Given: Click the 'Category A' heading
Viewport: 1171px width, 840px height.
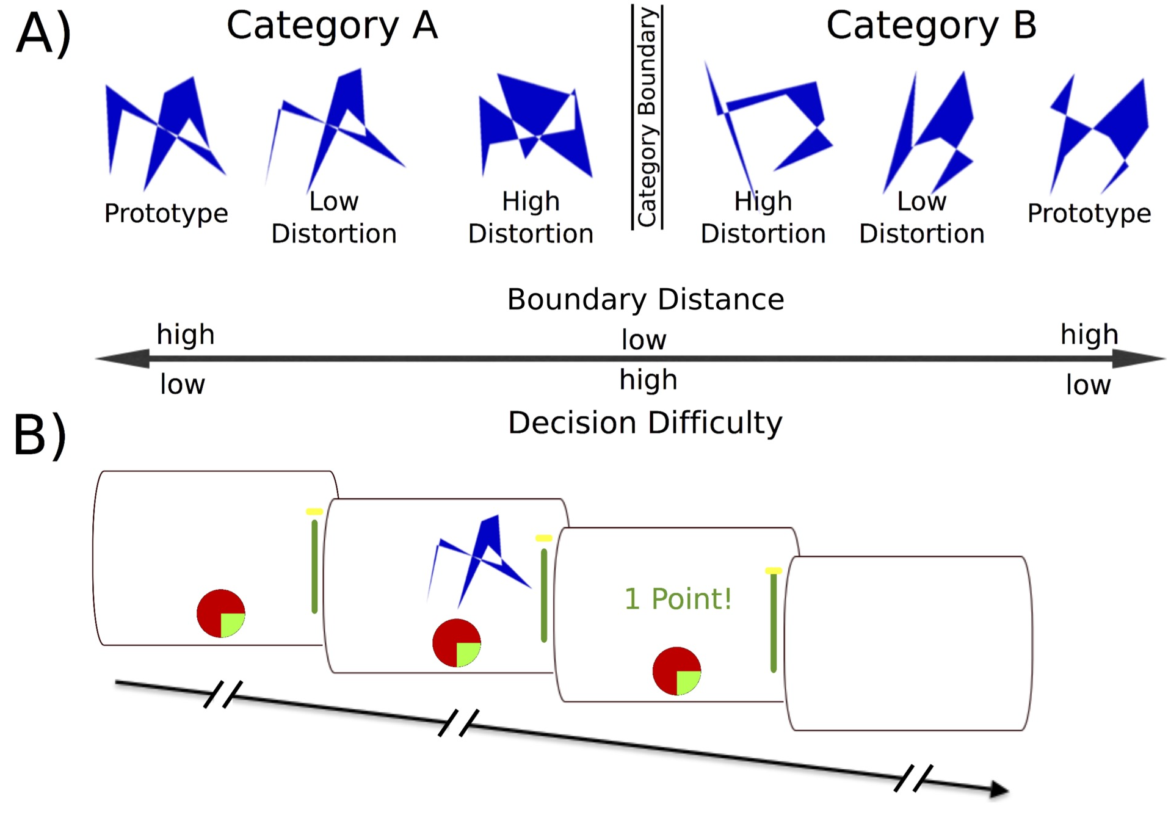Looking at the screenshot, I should (332, 26).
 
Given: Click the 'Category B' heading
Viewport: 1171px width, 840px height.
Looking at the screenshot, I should (931, 26).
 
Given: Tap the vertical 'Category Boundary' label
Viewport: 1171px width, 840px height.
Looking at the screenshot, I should (647, 117).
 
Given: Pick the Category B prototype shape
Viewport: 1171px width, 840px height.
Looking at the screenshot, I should (1099, 131).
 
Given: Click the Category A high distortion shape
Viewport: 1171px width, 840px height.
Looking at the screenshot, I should (534, 125).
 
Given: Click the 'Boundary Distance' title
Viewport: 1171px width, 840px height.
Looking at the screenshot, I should (645, 299).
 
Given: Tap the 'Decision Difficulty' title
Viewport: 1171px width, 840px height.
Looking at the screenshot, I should (645, 422).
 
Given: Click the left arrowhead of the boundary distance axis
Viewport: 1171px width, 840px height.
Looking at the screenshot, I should (125, 358).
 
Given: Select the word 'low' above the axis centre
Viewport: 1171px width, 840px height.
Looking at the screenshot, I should (644, 339).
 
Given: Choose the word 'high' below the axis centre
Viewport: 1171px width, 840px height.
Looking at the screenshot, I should (648, 380).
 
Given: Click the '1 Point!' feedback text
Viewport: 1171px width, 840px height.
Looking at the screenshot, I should (678, 598).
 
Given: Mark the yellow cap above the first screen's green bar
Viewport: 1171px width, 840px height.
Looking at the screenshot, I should (314, 512).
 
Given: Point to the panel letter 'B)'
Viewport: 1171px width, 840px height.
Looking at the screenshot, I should (40, 435).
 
